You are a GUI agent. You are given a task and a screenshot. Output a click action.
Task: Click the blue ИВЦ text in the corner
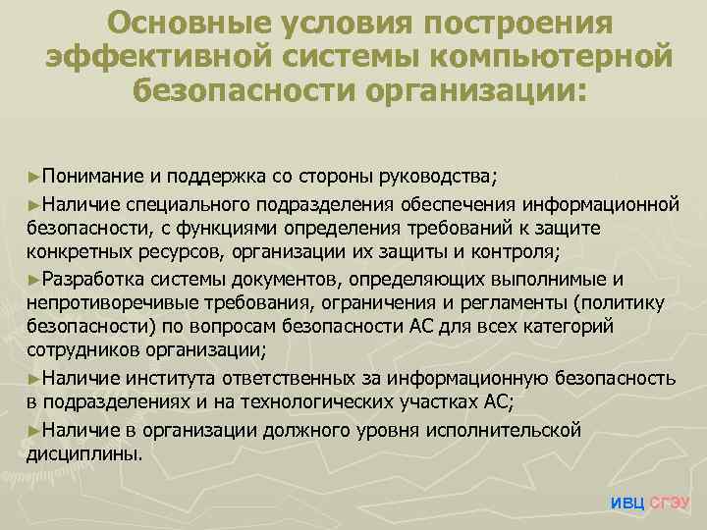click(627, 502)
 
